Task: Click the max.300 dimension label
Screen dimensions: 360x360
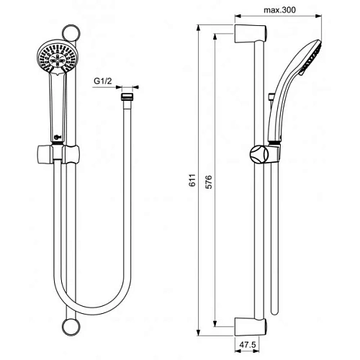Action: (x=279, y=10)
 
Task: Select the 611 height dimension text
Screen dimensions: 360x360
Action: (x=192, y=181)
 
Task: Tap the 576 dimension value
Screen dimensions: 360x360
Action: (x=209, y=182)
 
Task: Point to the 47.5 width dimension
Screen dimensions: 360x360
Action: (x=248, y=345)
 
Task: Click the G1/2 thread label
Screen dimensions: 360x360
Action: (x=103, y=81)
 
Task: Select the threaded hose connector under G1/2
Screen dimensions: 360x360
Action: (x=127, y=96)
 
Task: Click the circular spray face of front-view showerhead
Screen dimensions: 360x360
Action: (x=56, y=57)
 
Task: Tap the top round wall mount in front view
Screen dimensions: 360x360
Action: (x=71, y=33)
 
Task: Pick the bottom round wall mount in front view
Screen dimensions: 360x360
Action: (x=71, y=327)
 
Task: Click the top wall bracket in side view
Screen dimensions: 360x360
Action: (x=251, y=34)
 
